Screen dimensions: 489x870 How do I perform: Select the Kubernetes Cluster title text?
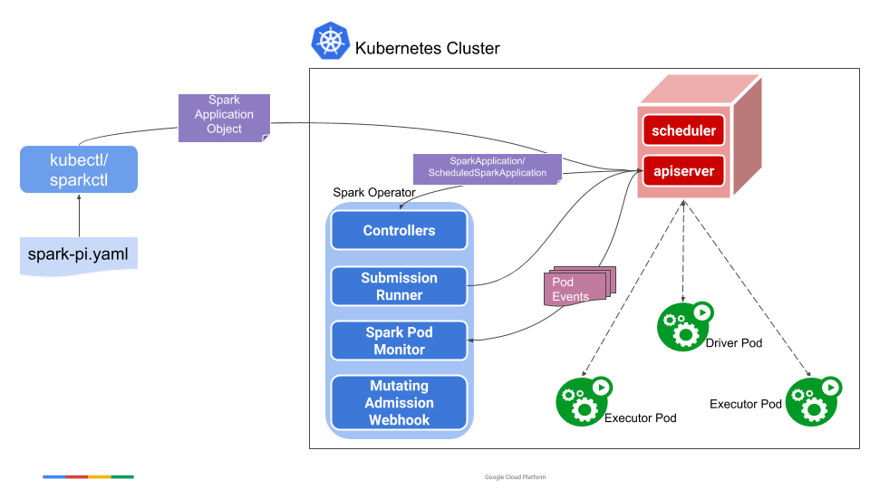[427, 48]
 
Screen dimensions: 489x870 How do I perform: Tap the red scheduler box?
[684, 130]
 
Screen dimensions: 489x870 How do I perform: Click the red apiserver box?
[683, 170]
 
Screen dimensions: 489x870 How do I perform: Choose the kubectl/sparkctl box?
[79, 169]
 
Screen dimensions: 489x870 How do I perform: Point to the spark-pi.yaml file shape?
[79, 256]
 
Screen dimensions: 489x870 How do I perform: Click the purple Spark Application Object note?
[224, 116]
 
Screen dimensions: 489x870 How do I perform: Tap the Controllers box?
[399, 231]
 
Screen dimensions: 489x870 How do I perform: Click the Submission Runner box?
[399, 286]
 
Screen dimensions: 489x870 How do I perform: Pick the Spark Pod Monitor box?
[399, 340]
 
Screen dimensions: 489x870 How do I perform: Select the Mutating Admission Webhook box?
[399, 403]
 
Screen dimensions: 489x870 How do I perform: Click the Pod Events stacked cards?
[579, 288]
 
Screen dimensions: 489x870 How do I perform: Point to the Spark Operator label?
[374, 192]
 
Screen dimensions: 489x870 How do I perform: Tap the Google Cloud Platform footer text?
[515, 477]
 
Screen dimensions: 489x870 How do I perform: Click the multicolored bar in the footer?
[88, 476]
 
